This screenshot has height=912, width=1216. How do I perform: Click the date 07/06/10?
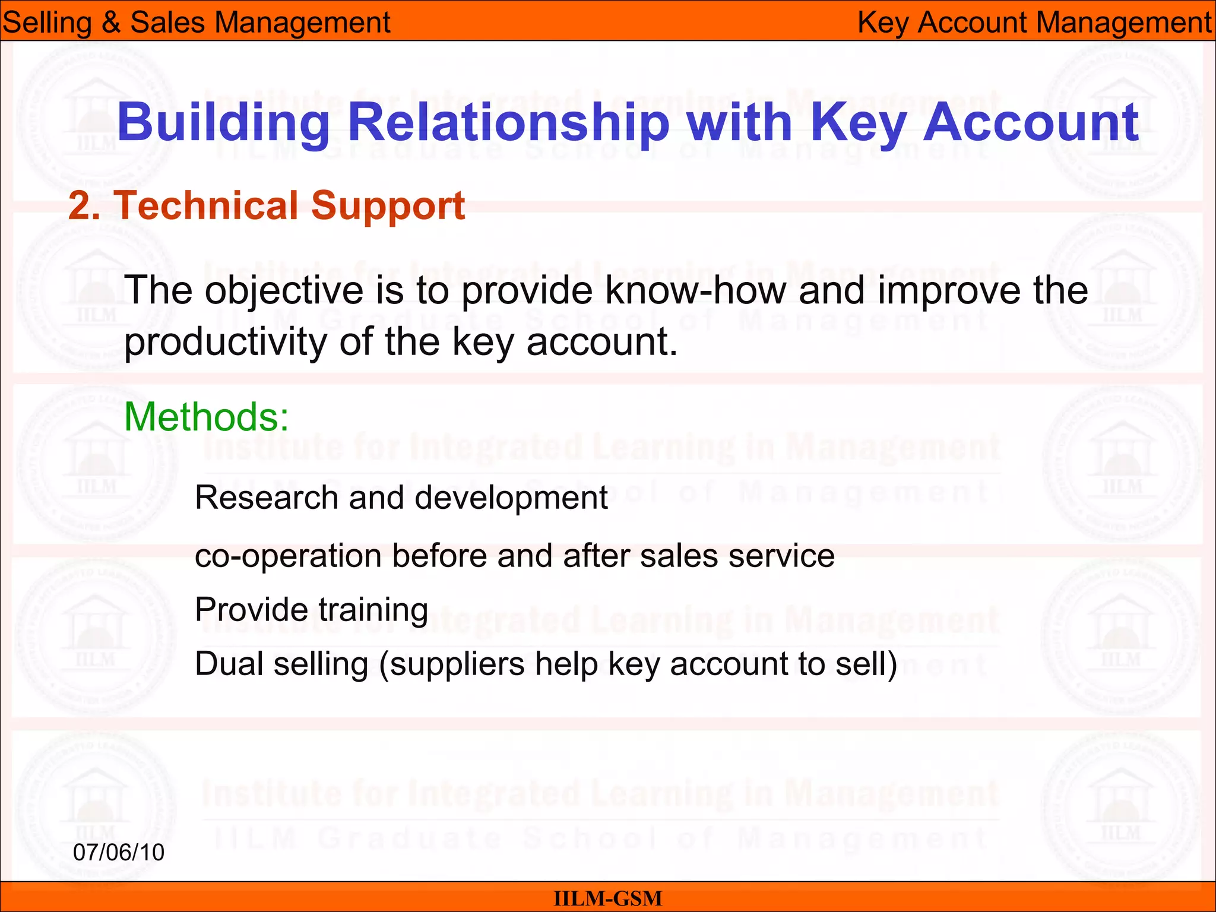(x=119, y=852)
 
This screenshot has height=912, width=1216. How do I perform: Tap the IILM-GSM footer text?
(x=607, y=898)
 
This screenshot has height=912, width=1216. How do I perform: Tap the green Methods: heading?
(x=207, y=417)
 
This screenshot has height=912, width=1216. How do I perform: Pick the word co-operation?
(x=288, y=556)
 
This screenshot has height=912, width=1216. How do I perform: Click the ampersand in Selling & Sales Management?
(x=110, y=23)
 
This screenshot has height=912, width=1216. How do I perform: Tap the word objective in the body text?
(x=283, y=290)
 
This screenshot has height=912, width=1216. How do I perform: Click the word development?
(x=511, y=497)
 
